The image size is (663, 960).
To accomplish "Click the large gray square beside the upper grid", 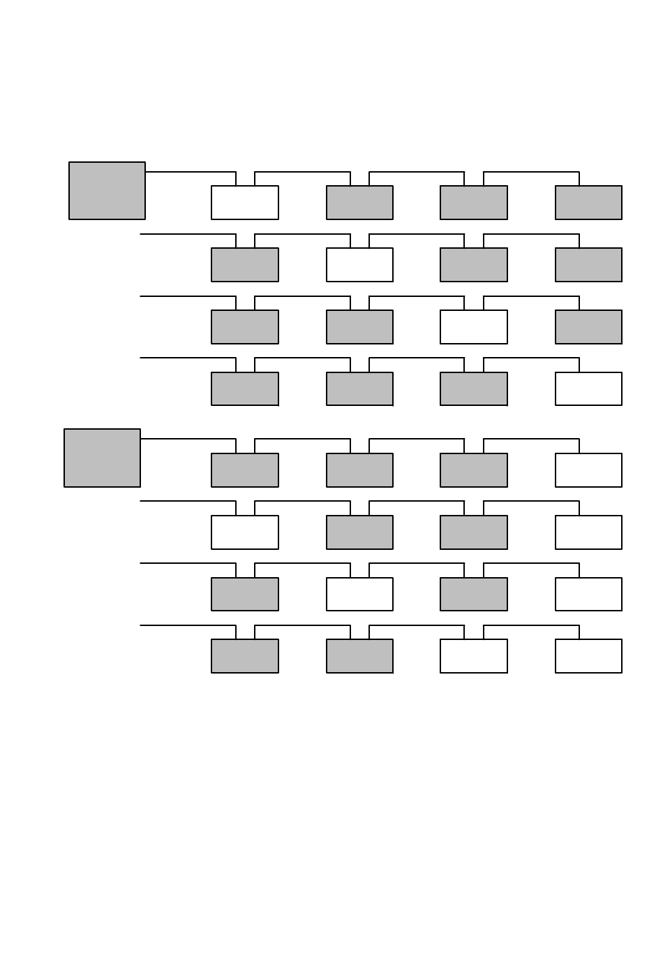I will point(107,191).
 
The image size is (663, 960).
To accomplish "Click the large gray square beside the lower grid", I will point(102,458).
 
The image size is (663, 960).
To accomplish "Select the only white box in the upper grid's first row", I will point(244,203).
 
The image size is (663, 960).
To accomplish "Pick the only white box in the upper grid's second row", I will point(359,265).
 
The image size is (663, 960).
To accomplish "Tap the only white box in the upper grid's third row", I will point(473,327).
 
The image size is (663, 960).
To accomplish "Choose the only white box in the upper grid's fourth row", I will point(588,388).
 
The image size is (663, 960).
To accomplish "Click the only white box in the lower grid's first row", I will point(588,470).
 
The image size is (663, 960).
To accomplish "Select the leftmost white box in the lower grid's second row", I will point(244,532).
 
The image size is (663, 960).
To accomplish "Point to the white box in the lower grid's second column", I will point(359,594).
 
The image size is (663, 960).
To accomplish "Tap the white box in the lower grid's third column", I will point(473,656).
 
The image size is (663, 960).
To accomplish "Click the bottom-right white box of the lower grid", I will point(588,656).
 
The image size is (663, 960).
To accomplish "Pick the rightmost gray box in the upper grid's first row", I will point(588,203).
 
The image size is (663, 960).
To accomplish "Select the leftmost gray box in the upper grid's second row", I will point(244,265).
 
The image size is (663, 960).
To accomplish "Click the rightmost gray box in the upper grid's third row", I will point(588,327).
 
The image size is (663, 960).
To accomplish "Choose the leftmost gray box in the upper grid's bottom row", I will point(244,388).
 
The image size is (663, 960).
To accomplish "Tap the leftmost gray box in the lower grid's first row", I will point(244,470).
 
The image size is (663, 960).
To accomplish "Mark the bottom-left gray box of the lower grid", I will point(244,656).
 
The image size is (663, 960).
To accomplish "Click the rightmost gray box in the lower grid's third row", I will point(473,594).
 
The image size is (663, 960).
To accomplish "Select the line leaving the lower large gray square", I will point(188,439).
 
